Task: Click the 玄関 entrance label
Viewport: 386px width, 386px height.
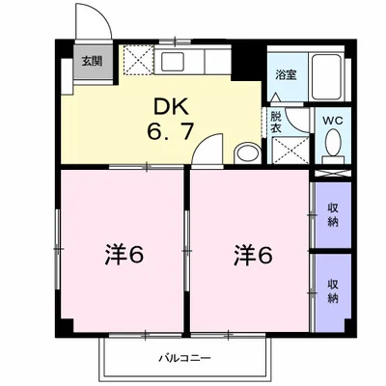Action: [x=88, y=61]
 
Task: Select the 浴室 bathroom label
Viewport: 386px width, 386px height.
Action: [x=285, y=74]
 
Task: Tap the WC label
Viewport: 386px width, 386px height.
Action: [x=334, y=121]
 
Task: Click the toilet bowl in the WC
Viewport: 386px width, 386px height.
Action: [x=334, y=145]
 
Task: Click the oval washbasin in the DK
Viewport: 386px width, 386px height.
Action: [x=246, y=152]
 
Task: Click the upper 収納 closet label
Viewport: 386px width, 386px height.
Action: [x=333, y=213]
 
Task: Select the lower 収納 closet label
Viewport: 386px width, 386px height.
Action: [x=333, y=289]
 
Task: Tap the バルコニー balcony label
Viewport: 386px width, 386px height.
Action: [x=185, y=359]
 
